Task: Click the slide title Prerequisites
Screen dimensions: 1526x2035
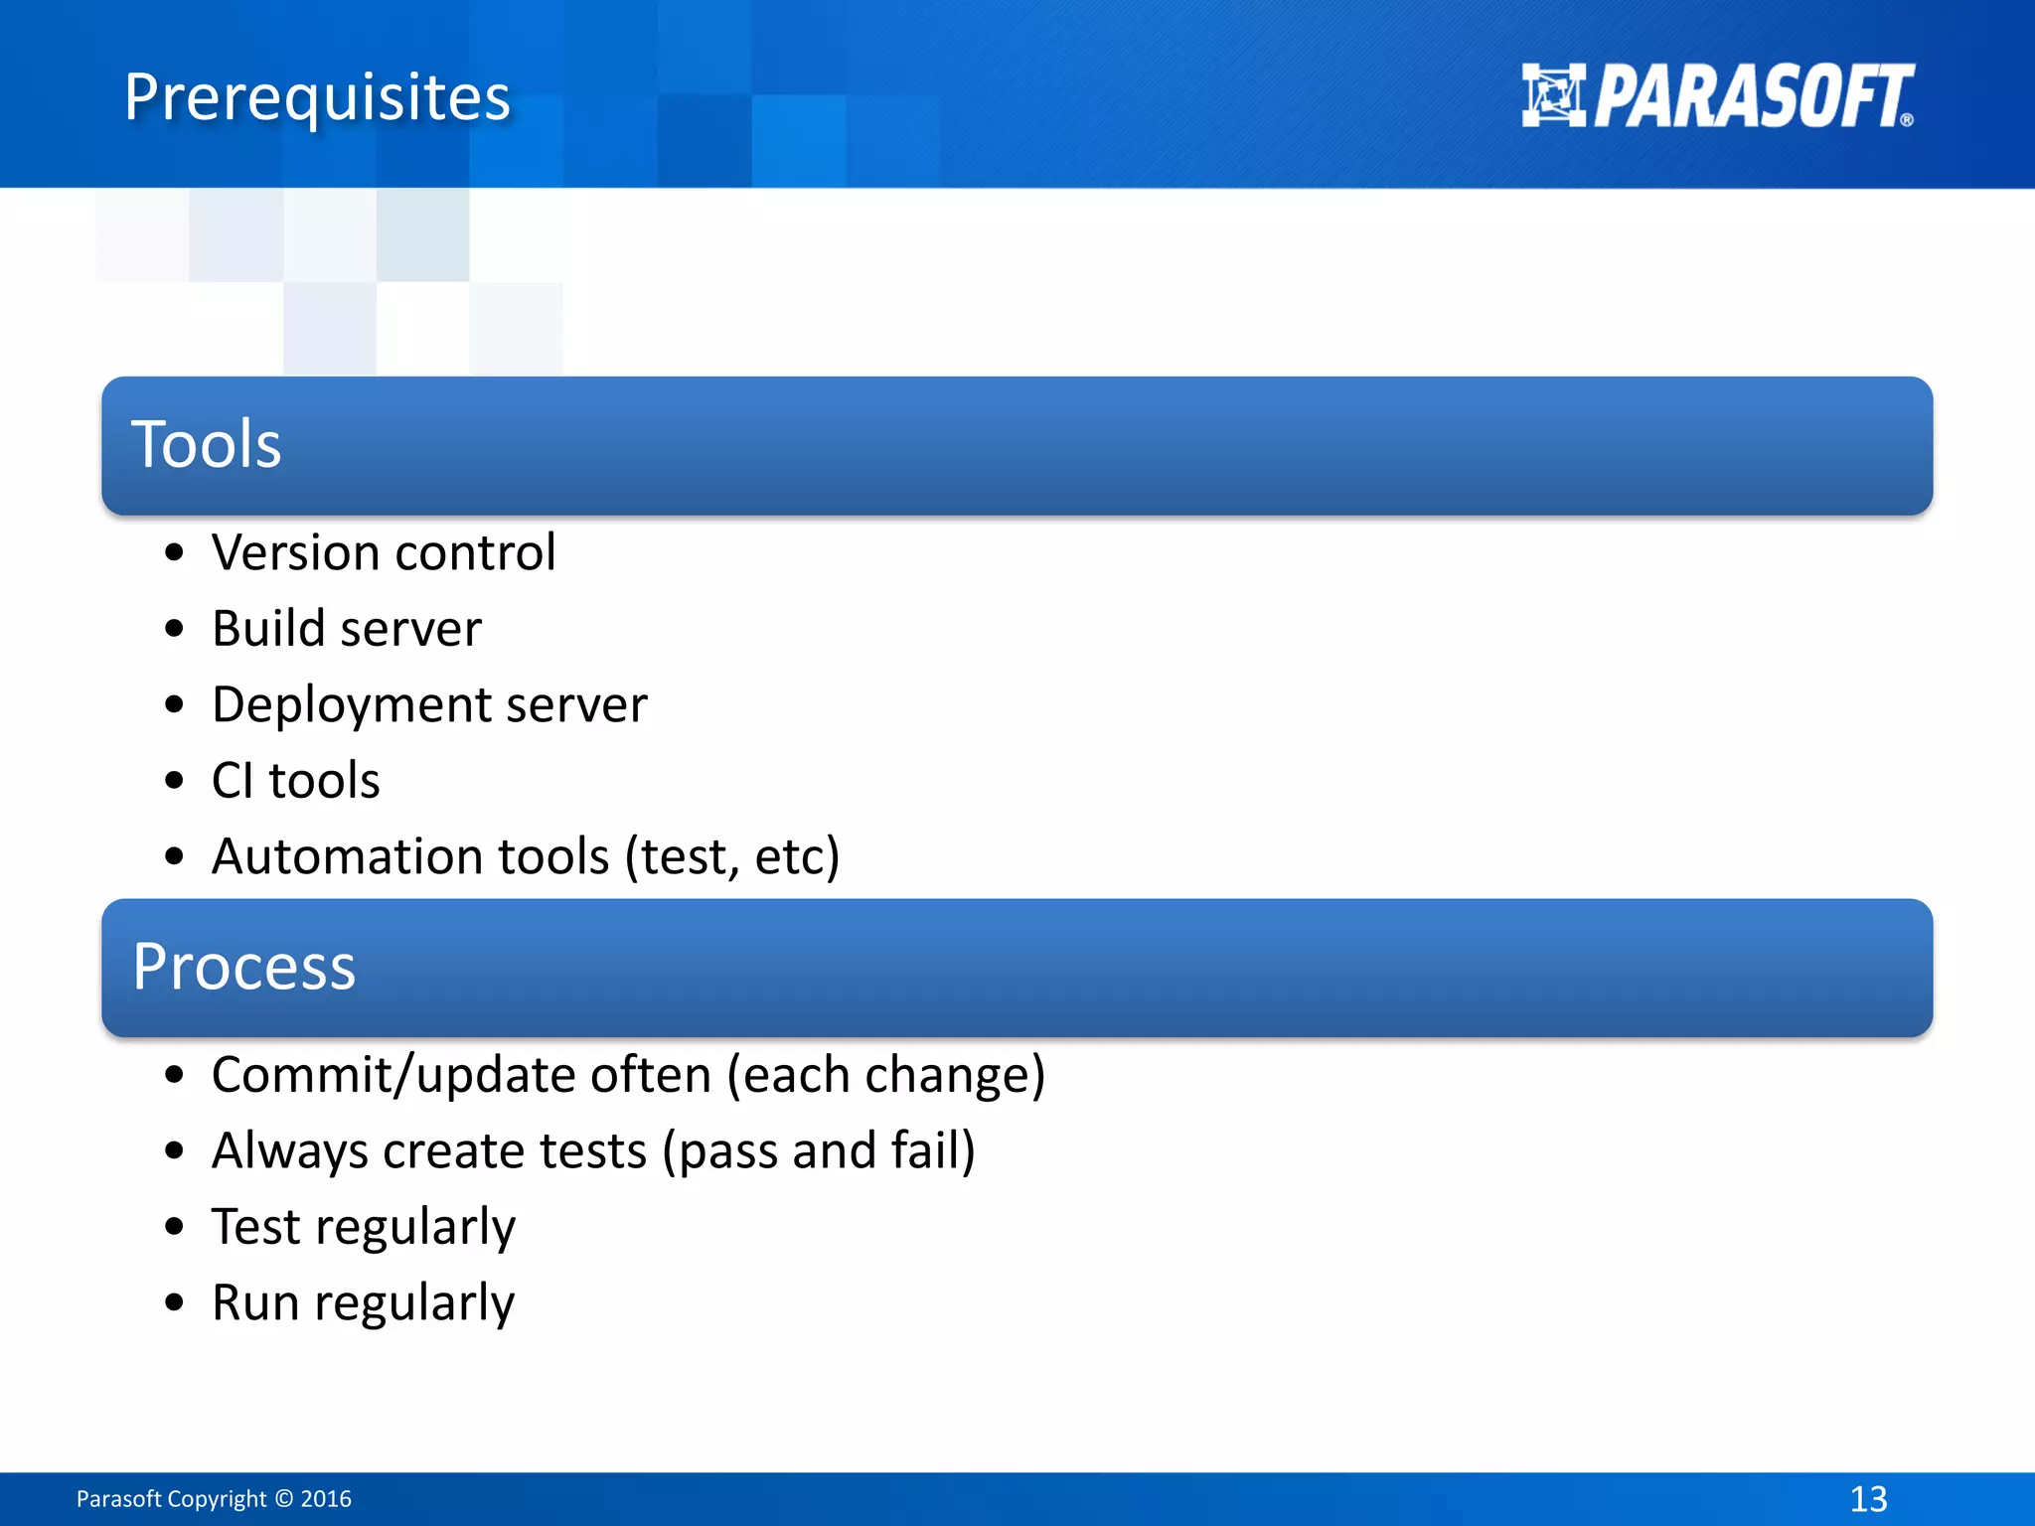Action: (317, 97)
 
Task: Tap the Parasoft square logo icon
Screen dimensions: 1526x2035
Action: (1553, 95)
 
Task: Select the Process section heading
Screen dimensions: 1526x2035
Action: (244, 966)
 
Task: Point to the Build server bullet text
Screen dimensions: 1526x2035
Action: (347, 629)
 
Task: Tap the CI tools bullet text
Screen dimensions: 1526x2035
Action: (295, 781)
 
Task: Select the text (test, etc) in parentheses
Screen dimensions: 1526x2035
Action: (732, 856)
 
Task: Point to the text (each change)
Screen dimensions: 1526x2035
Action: (886, 1075)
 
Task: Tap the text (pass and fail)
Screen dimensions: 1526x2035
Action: (819, 1151)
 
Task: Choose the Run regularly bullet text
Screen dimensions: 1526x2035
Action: (364, 1303)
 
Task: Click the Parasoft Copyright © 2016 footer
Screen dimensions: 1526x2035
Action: (214, 1499)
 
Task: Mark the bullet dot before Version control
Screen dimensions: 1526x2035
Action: (175, 553)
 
